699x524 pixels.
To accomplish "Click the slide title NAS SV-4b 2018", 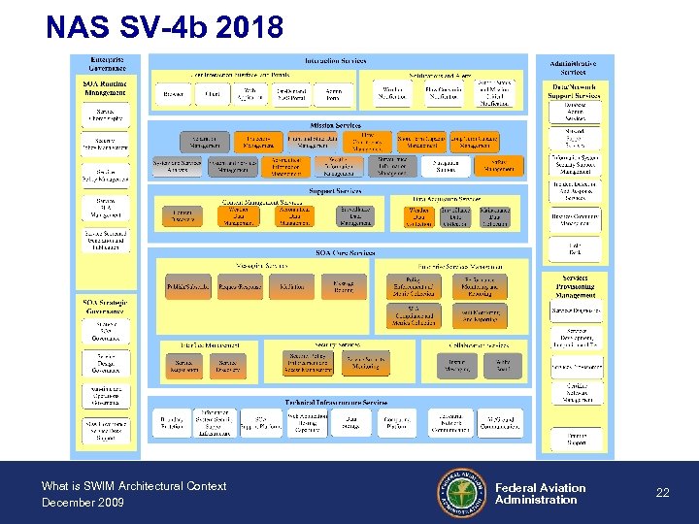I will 164,26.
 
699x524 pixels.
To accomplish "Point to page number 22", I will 662,493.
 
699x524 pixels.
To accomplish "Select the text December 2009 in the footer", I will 83,503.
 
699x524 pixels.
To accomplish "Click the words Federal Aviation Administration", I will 540,494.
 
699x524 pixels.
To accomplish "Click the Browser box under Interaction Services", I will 174,95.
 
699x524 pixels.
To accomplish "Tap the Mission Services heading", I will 336,125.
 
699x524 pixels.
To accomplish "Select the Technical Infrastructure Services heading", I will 336,402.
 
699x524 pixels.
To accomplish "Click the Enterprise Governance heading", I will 106,64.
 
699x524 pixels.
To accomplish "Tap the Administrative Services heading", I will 574,68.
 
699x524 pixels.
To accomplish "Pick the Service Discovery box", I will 229,366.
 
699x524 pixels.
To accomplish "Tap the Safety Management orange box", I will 501,165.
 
